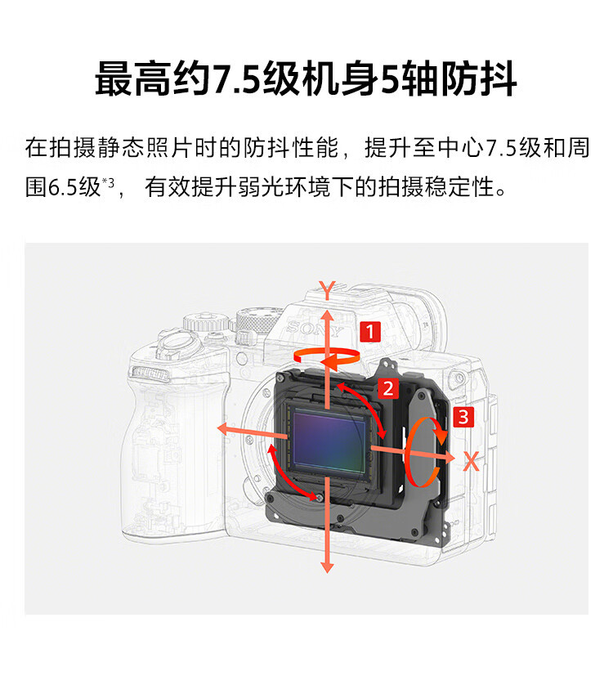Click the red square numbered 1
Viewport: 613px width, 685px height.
pos(370,332)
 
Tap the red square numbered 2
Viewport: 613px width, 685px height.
pos(388,388)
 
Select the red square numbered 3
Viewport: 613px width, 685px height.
pos(463,417)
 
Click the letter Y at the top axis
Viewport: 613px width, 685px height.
pos(327,289)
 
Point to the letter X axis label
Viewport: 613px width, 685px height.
pos(472,461)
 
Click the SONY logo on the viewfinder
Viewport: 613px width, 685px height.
pos(314,329)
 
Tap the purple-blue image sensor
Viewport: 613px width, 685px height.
pos(329,441)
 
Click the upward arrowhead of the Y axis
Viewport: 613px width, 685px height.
pos(327,316)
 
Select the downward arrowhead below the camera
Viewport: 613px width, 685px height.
pos(327,566)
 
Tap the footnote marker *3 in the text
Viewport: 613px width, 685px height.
pos(108,181)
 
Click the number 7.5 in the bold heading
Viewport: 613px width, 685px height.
pos(237,79)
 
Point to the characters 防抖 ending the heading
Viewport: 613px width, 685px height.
pos(479,78)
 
